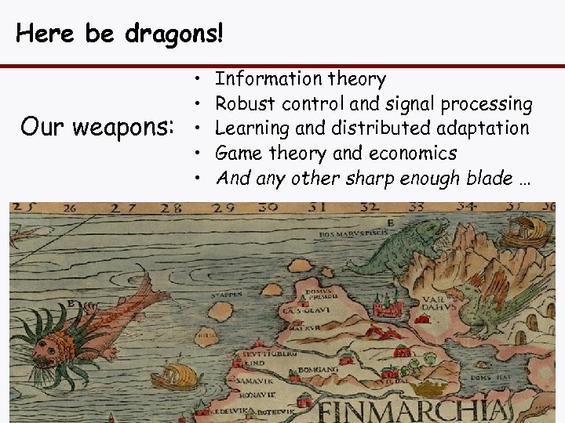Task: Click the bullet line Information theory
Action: [300, 78]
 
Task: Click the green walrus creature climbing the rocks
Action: [408, 242]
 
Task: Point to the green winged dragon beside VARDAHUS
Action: [487, 305]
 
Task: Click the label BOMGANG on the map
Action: [323, 368]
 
